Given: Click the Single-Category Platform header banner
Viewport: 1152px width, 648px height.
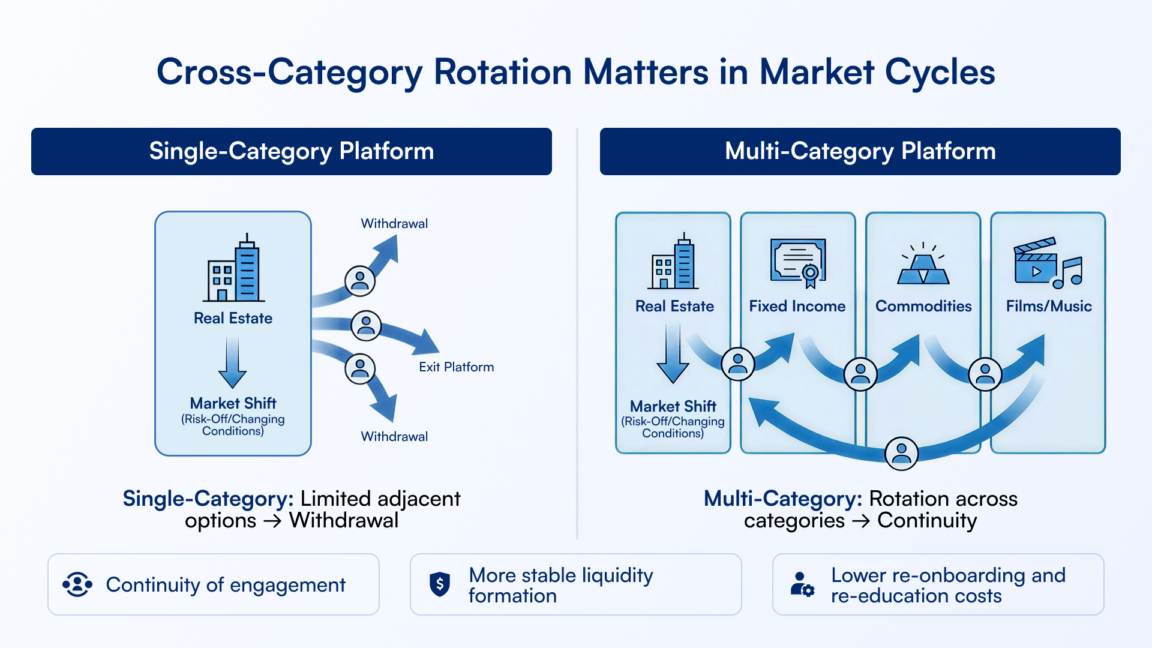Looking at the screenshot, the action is click(x=292, y=151).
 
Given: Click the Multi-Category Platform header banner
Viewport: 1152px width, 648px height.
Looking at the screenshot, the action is click(x=860, y=151).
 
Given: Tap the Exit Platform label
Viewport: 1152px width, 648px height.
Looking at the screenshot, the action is click(x=457, y=367).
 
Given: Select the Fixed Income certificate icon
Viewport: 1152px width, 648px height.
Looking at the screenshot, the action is click(x=799, y=262).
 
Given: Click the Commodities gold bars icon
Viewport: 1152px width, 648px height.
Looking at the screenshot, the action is click(x=923, y=263).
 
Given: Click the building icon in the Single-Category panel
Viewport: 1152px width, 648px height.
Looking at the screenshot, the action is click(x=233, y=267).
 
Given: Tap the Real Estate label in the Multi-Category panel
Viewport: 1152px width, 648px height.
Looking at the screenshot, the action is click(x=674, y=306).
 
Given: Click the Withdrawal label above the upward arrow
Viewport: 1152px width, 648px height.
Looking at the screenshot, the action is click(x=394, y=223).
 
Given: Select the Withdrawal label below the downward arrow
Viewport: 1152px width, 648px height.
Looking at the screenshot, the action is click(x=394, y=436).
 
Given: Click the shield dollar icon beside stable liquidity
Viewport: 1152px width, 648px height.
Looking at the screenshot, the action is click(x=440, y=584).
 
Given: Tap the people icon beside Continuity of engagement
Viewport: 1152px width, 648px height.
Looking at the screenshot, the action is click(x=77, y=584).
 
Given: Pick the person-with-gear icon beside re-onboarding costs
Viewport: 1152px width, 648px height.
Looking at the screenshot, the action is click(x=802, y=584).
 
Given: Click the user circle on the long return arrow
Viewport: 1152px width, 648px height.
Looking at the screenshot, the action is click(x=901, y=454).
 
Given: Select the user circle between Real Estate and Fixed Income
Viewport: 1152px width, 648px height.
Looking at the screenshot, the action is click(x=737, y=364).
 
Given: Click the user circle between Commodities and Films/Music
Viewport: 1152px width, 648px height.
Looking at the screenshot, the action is click(x=985, y=374).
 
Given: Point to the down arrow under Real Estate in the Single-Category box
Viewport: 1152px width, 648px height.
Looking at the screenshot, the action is click(x=233, y=362).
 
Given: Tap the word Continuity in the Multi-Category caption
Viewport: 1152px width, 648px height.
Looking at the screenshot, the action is click(x=927, y=520).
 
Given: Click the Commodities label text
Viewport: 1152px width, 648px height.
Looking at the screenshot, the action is click(x=923, y=306).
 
